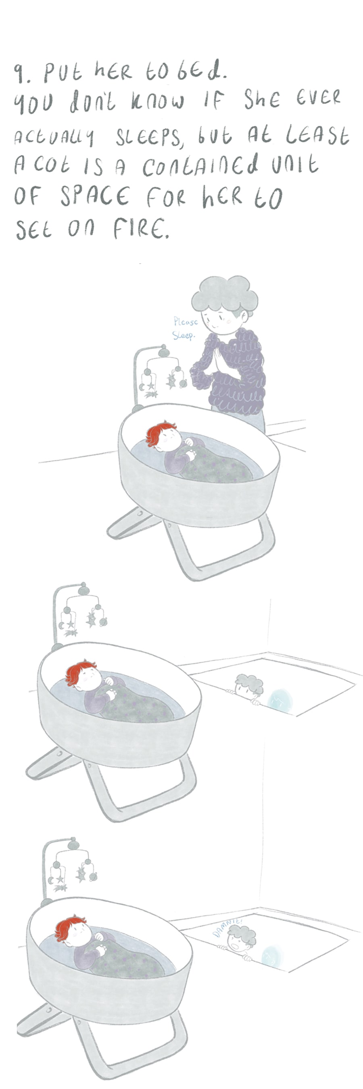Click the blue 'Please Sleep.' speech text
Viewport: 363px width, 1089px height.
(185, 328)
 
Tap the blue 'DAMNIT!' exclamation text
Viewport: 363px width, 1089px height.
(227, 927)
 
